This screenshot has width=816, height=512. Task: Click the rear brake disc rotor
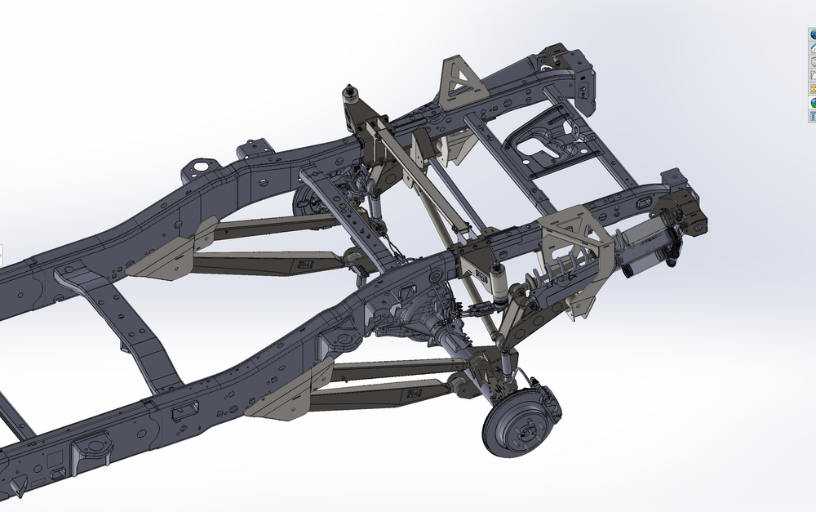point(508,427)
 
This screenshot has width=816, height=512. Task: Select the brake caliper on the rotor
point(545,399)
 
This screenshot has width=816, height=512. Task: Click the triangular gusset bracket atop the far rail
point(459,83)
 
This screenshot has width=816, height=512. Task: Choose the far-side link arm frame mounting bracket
point(163,260)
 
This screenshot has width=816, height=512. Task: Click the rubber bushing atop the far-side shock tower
point(351,90)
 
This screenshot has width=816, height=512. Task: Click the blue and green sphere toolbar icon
point(813,103)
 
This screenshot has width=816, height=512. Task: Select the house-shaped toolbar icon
point(813,48)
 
